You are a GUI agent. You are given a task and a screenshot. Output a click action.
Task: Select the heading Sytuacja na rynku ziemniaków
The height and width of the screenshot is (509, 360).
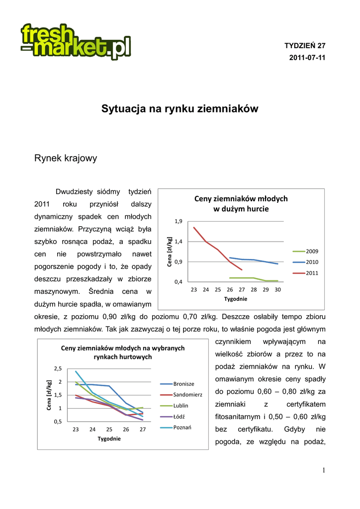(x=180, y=108)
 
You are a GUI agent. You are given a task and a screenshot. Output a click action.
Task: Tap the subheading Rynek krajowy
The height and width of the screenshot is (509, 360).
(x=65, y=159)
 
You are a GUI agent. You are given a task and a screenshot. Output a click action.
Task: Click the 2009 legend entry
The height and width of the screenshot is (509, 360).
(x=312, y=251)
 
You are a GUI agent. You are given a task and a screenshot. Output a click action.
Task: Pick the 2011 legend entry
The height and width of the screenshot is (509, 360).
(x=312, y=273)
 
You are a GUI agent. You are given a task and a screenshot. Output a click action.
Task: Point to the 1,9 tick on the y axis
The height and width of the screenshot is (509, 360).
(x=179, y=221)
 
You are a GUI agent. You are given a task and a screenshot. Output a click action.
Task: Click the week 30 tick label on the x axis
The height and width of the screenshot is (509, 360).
(x=277, y=289)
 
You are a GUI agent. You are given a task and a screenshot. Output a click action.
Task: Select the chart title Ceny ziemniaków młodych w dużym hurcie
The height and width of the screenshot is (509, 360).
(x=241, y=204)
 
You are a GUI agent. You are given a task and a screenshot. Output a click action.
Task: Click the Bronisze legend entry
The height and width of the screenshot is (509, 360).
(x=183, y=384)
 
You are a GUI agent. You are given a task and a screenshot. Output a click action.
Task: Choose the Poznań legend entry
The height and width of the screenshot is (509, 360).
(x=182, y=427)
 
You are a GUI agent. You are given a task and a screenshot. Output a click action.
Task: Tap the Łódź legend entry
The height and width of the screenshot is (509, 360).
(x=180, y=417)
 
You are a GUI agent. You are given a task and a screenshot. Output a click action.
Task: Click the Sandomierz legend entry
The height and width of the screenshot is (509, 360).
(x=187, y=395)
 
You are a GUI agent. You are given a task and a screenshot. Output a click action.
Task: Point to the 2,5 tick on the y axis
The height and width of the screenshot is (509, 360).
(x=58, y=368)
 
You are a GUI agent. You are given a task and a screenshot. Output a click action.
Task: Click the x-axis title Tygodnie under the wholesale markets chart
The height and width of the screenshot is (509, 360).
(x=109, y=439)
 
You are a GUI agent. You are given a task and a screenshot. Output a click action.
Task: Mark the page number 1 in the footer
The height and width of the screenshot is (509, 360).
(x=323, y=471)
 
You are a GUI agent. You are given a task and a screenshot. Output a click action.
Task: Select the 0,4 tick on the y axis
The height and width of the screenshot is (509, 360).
(x=179, y=282)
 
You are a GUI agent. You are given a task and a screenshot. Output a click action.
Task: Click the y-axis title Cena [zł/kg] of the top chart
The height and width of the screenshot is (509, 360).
(x=170, y=252)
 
